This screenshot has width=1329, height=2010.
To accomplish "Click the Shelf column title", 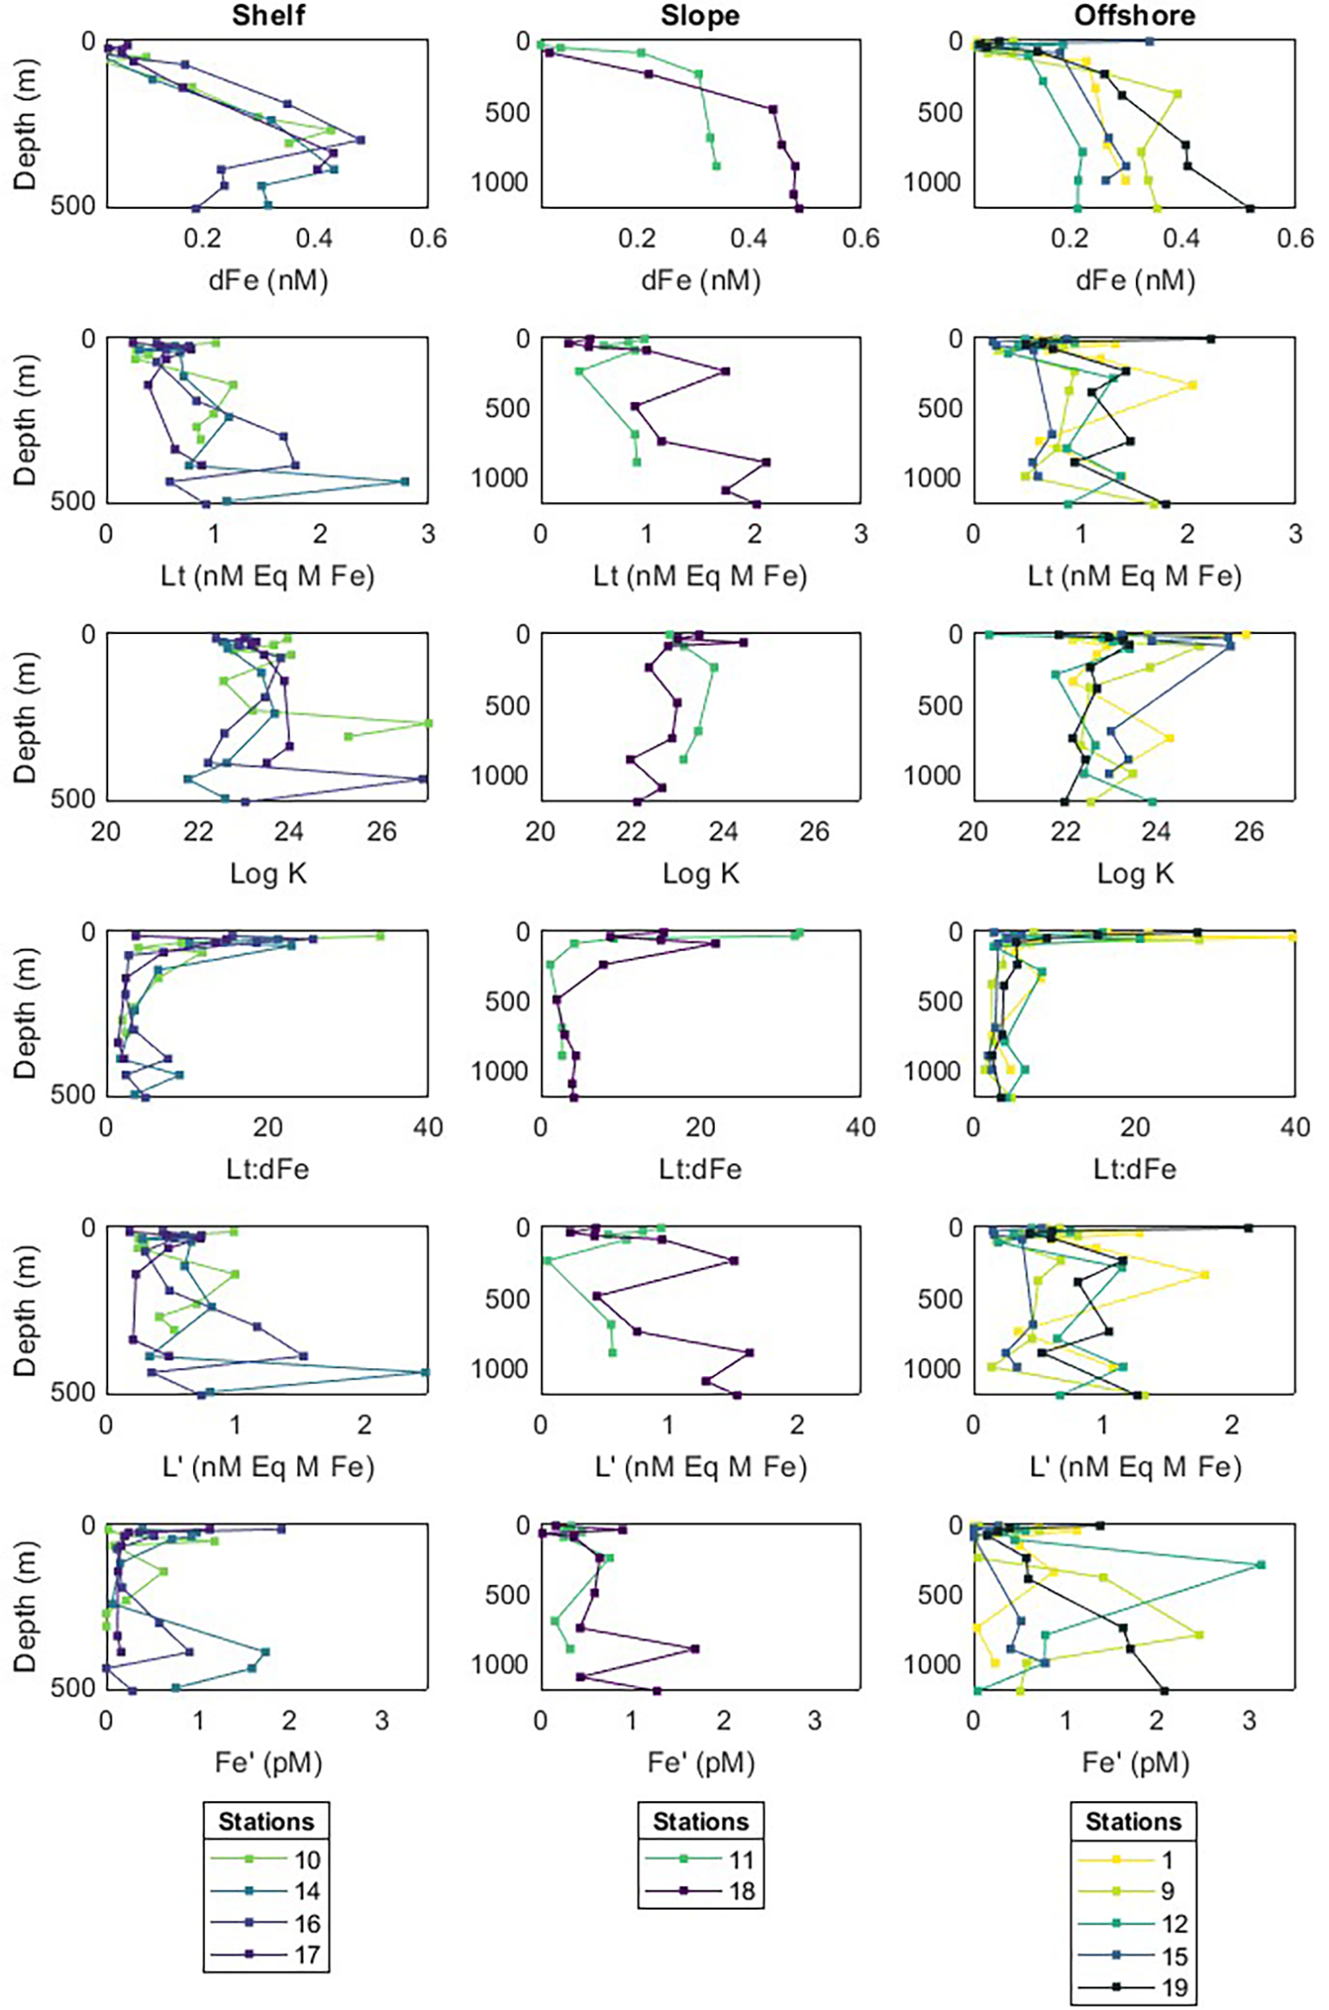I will [268, 16].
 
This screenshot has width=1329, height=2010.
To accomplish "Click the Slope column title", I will [700, 16].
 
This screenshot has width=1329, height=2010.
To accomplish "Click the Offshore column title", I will [1134, 16].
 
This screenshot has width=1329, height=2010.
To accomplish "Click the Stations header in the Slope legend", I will [700, 1821].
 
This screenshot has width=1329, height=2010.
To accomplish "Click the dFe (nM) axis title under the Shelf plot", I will [268, 280].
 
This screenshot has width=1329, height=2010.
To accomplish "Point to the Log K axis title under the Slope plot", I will [700, 873].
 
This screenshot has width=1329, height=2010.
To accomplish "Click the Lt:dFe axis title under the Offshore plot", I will [1134, 1169].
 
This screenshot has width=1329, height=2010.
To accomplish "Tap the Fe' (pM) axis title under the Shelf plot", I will [268, 1762].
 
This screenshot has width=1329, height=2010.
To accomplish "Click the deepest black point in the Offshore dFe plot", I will [1249, 208].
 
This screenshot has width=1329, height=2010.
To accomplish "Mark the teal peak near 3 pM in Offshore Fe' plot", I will [1261, 1565].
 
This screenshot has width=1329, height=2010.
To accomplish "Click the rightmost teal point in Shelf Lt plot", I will [404, 481].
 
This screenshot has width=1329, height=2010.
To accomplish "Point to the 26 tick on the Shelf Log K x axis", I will [382, 832].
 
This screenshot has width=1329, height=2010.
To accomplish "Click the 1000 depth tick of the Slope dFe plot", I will [500, 182].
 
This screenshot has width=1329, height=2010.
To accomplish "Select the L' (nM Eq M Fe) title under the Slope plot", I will [700, 1466].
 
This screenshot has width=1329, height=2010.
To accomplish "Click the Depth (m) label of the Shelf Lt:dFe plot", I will [26, 1013].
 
